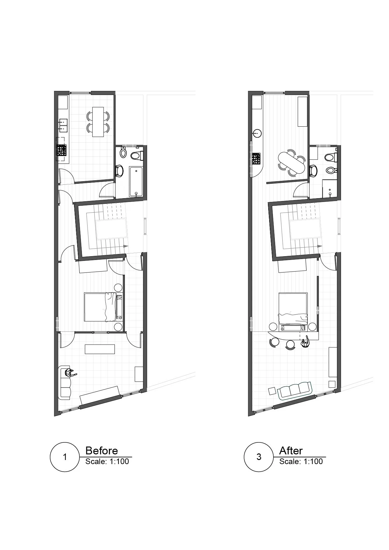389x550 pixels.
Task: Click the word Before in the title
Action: click(102, 451)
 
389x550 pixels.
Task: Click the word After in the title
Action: click(291, 451)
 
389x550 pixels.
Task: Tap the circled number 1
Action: click(65, 457)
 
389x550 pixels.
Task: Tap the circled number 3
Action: click(259, 457)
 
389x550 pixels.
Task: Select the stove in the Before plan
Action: click(61, 150)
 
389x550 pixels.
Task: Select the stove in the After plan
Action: click(256, 158)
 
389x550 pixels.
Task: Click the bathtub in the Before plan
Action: click(136, 181)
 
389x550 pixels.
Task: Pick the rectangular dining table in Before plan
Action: click(98, 122)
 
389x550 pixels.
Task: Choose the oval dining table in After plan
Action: click(292, 162)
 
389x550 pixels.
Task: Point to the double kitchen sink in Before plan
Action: click(63, 124)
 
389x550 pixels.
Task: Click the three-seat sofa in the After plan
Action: click(294, 390)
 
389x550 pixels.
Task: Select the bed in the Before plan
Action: click(104, 307)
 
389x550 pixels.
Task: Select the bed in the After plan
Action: click(293, 309)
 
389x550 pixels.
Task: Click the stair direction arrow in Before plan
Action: click(126, 246)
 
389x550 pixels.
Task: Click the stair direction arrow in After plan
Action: click(320, 246)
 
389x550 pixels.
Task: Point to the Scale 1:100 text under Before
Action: click(107, 461)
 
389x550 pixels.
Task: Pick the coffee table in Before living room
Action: click(100, 349)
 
